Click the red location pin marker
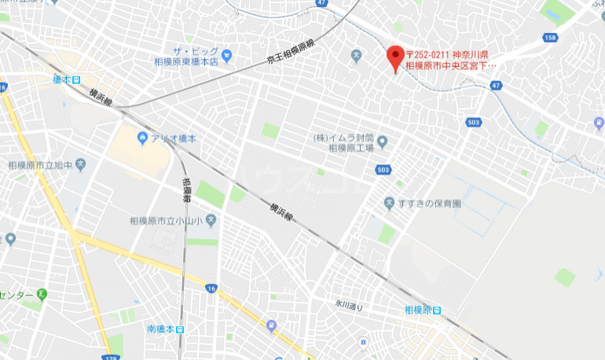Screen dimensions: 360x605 click(x=396, y=56)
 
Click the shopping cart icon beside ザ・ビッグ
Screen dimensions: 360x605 click(x=227, y=55)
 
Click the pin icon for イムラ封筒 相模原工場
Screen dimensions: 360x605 click(x=383, y=142)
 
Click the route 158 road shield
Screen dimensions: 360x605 click(x=549, y=38)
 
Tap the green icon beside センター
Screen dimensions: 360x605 click(x=42, y=295)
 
